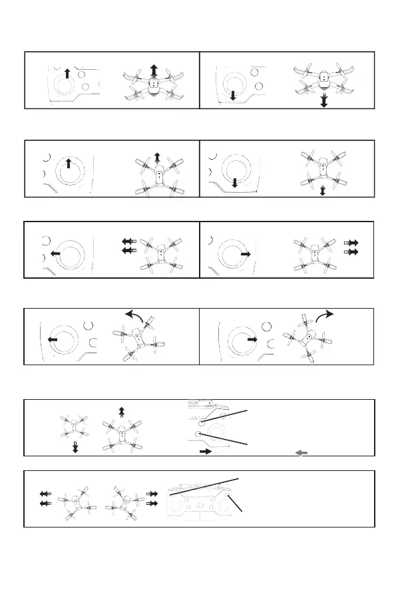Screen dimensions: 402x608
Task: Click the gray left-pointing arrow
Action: coord(301,452)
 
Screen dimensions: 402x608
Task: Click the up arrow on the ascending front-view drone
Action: coord(154,71)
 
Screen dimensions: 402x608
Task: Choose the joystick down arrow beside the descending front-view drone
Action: coord(233,96)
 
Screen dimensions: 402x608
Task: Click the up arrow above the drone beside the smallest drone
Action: coord(121,412)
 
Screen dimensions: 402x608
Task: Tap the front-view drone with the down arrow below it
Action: coord(323,79)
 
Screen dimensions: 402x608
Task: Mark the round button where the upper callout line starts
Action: coord(202,421)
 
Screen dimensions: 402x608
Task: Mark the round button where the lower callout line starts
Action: coord(198,434)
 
